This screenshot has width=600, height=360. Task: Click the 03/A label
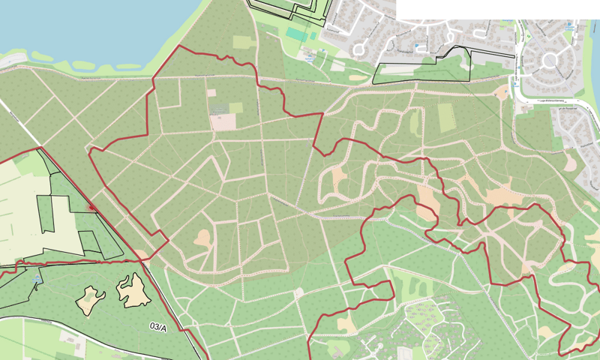click(158, 327)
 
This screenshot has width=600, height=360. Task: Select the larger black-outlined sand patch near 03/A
click(133, 290)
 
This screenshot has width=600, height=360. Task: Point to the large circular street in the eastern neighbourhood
click(550, 59)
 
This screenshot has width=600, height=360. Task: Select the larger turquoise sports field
click(294, 34)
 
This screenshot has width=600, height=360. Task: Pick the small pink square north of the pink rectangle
click(211, 93)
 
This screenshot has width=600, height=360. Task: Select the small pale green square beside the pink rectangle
click(235, 108)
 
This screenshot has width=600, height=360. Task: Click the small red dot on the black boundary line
click(91, 205)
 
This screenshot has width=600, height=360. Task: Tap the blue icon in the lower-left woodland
click(37, 279)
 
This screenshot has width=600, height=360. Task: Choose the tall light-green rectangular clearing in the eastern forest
click(446, 118)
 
